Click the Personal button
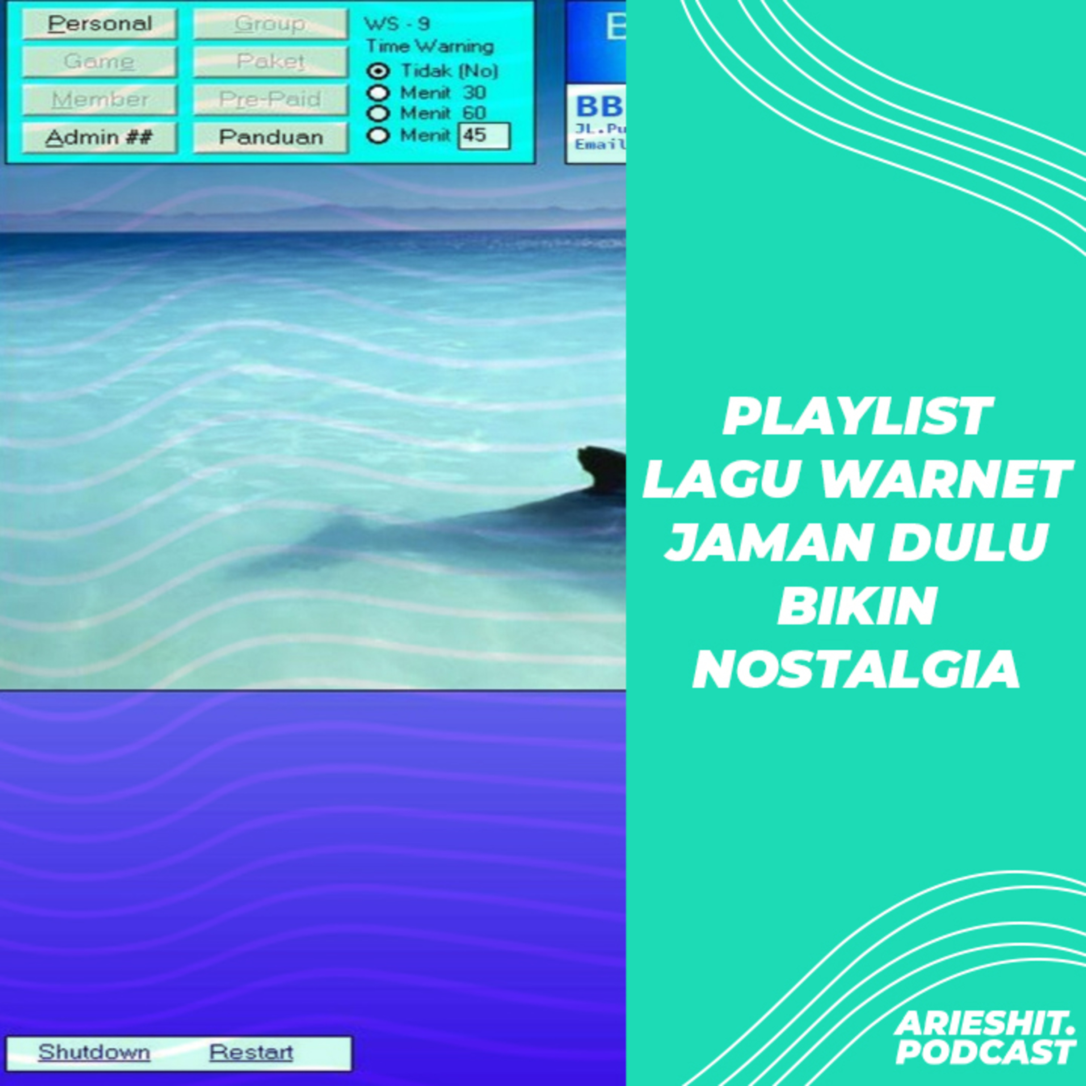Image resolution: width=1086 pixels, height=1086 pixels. click(x=100, y=24)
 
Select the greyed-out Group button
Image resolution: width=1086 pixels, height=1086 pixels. click(x=270, y=24)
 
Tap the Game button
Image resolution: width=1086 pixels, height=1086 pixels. click(x=100, y=61)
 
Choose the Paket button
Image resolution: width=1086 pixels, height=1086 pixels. click(x=270, y=61)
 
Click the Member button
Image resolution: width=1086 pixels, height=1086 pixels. click(x=100, y=100)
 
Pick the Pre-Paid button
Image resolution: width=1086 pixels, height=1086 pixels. click(x=270, y=100)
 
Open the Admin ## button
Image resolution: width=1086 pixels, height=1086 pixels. click(x=100, y=137)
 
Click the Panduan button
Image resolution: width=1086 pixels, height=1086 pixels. click(x=270, y=137)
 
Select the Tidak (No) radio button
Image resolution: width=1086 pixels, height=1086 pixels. click(x=378, y=71)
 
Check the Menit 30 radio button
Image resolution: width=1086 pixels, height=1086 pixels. click(x=378, y=93)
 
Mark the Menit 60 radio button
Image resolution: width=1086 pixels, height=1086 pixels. click(x=378, y=114)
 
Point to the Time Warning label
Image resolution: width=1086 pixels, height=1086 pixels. click(x=429, y=46)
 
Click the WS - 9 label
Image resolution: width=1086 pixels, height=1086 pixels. click(x=397, y=24)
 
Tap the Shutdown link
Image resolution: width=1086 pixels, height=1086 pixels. click(x=94, y=1052)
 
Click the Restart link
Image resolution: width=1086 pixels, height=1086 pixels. click(x=251, y=1052)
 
